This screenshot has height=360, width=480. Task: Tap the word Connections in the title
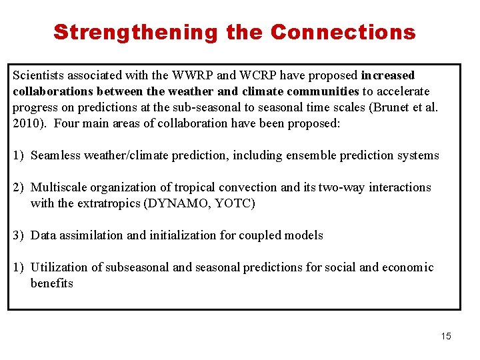(x=343, y=32)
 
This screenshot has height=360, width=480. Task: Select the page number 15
(x=446, y=336)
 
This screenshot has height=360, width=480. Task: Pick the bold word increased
(x=388, y=75)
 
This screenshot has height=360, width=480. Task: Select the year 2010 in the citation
(x=25, y=123)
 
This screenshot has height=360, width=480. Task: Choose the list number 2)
(x=19, y=187)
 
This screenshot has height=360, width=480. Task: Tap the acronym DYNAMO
(x=175, y=203)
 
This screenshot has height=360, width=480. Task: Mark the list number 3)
(x=19, y=235)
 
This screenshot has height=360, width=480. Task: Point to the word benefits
(x=51, y=283)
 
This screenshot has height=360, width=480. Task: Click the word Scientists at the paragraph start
(x=38, y=75)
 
